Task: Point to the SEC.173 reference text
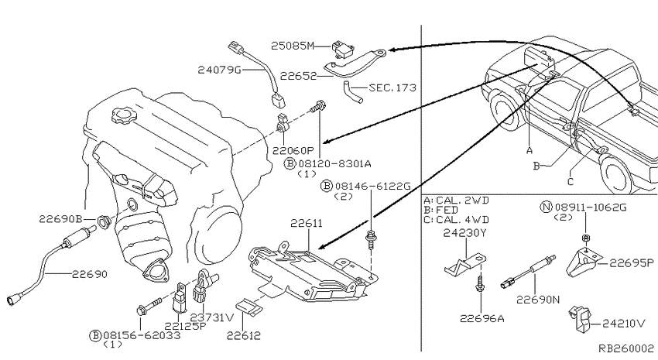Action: click(392, 88)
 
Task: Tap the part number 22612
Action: click(244, 335)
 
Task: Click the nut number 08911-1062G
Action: click(594, 208)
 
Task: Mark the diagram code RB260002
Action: click(625, 349)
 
